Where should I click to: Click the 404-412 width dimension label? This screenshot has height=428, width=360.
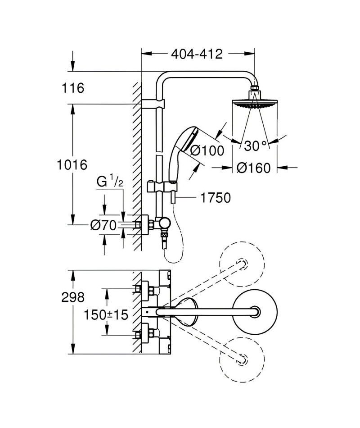197,54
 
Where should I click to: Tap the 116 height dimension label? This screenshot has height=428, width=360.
73,88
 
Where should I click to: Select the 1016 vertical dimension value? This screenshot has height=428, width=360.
72,165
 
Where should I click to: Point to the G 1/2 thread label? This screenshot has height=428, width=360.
110,182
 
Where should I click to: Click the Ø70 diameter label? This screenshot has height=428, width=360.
103,225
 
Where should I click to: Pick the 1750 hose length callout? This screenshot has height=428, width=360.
216,198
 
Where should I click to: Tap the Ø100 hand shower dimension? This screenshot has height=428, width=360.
207,150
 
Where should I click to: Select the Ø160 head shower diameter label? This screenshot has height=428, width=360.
254,168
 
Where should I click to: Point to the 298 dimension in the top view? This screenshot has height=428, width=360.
73,297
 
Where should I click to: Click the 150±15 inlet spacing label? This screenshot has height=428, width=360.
106,315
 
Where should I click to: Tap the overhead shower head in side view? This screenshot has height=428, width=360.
254,105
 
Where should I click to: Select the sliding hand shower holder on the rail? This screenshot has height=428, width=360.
162,187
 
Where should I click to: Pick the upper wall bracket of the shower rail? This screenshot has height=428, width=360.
153,104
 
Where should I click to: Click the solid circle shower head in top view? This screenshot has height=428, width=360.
255,312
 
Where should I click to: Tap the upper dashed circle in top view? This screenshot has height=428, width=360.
242,264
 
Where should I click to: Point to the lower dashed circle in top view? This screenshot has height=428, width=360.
242,359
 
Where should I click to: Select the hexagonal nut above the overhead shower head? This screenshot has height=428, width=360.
254,88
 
